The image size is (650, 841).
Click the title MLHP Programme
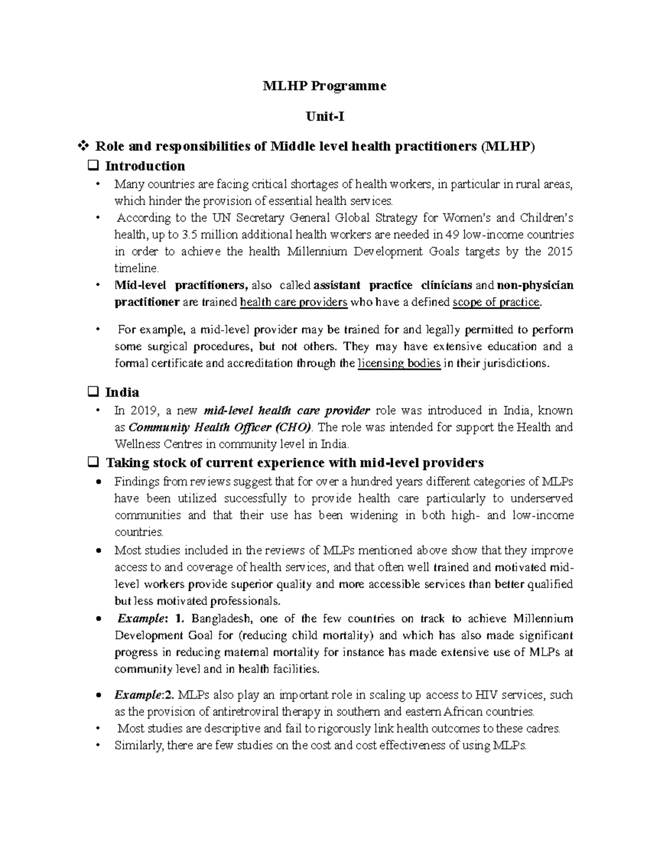click(324, 86)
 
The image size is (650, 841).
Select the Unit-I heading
click(324, 116)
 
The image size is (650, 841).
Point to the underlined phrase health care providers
click(293, 302)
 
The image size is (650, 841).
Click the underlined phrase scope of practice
click(496, 302)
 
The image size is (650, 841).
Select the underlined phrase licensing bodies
click(399, 363)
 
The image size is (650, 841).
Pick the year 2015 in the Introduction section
click(560, 252)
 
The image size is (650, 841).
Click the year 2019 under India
click(144, 410)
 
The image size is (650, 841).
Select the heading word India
click(122, 392)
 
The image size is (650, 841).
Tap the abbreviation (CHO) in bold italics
click(293, 427)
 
